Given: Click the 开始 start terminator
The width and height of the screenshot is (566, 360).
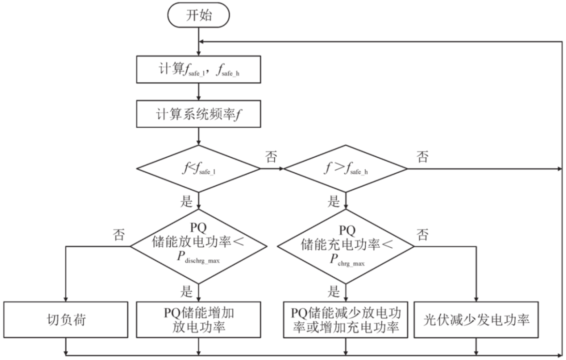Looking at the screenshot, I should point(199,15).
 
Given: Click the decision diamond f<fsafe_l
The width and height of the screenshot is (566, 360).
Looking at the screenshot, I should point(199,169).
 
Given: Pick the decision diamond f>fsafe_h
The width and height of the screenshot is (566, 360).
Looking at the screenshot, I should point(345,169).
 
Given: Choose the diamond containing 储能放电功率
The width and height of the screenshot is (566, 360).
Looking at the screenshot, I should point(199,246).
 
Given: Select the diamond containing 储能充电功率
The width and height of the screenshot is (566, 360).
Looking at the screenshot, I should point(345,246).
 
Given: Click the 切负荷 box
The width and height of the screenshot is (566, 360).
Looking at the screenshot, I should point(66,320).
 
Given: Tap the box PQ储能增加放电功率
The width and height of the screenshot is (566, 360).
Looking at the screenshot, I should point(199,320).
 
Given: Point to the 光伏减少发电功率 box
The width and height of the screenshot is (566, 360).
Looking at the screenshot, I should point(477,320).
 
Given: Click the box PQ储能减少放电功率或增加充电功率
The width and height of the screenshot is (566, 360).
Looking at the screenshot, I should point(345,320).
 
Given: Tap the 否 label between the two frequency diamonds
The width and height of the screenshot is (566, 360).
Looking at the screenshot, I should point(272,157).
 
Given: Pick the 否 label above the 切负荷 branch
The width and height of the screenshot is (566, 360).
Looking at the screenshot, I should point(119,236).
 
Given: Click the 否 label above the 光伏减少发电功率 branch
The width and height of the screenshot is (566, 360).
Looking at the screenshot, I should point(423,236).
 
